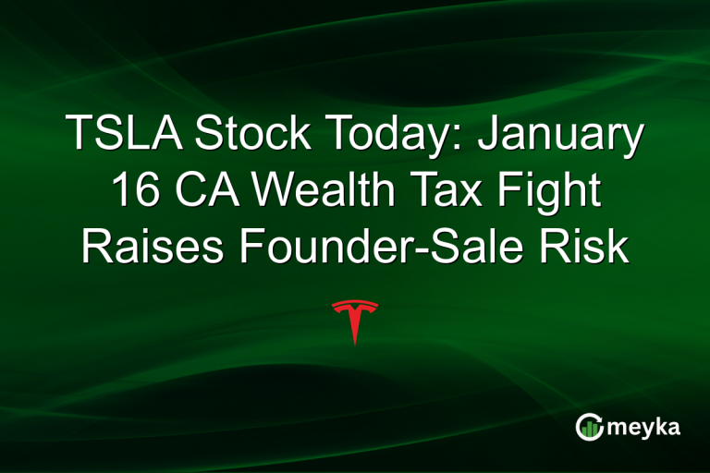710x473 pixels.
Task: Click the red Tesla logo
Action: coord(355,321)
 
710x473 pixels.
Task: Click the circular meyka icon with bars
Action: coord(588,426)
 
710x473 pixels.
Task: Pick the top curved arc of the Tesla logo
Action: coord(355,303)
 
